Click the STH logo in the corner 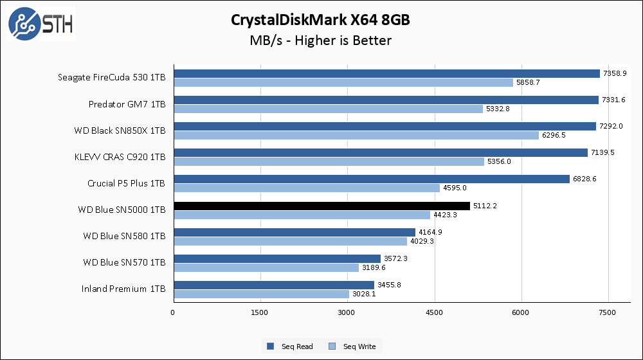click(x=41, y=24)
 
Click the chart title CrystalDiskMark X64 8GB click(x=320, y=20)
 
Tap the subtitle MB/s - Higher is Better click(x=320, y=40)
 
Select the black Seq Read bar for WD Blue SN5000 click(x=321, y=206)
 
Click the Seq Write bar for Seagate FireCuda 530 click(x=343, y=83)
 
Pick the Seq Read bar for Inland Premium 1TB click(x=273, y=285)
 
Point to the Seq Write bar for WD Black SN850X click(x=356, y=136)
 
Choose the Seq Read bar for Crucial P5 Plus click(x=371, y=179)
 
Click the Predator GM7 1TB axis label click(x=127, y=104)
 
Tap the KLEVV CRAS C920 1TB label click(x=120, y=157)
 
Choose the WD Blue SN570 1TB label click(x=124, y=262)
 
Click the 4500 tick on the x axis click(x=435, y=312)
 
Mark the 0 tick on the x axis click(x=173, y=312)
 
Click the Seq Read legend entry click(x=290, y=346)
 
